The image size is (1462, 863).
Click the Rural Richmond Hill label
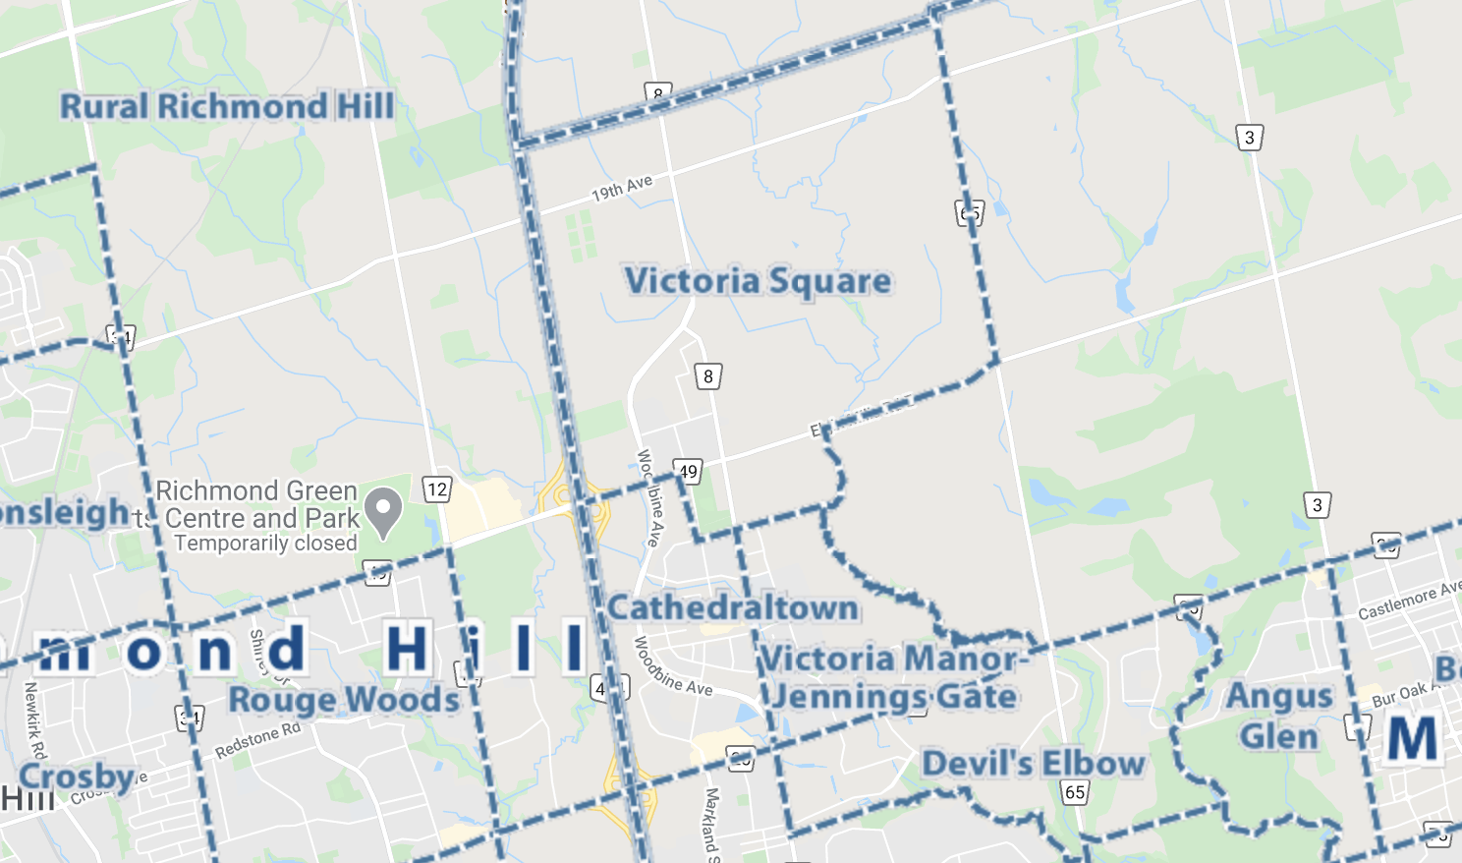point(227,106)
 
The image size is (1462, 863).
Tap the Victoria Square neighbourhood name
point(758,281)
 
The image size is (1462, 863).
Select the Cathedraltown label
point(733,607)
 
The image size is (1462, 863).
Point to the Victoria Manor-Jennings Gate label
point(893,677)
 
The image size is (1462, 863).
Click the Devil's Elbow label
point(1034,764)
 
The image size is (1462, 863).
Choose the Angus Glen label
point(1279,717)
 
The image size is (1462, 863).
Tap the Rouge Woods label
point(344,700)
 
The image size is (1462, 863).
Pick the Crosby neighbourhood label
point(77,777)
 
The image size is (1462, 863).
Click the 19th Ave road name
point(622,188)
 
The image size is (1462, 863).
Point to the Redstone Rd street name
point(257,740)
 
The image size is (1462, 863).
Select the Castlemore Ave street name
point(1409,600)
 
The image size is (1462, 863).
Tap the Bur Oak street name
point(1400,695)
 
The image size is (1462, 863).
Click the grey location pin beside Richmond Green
point(383,510)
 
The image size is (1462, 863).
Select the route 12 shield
point(437,489)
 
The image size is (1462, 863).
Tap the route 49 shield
point(688,472)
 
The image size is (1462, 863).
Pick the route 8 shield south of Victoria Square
point(708,376)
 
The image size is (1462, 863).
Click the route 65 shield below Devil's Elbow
point(1075,792)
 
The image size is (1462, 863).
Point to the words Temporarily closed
point(265,544)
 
